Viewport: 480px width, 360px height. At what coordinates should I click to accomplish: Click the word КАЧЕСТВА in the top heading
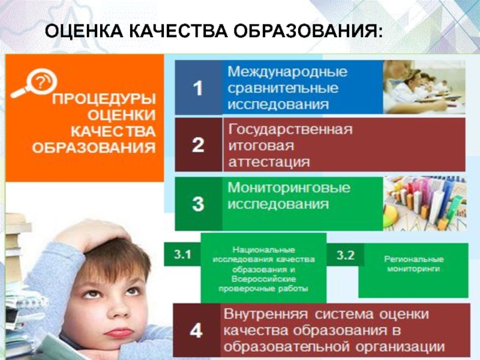tap(178, 31)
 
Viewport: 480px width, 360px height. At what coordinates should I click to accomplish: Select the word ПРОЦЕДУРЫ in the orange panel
tap(104, 99)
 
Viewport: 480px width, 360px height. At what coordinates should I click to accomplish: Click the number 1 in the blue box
tap(198, 88)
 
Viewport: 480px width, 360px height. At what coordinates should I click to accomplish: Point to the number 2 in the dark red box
tap(198, 145)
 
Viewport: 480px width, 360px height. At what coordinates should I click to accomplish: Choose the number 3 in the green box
tap(198, 204)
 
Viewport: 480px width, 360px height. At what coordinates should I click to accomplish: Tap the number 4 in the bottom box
tap(196, 331)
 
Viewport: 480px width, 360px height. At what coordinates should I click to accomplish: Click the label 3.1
tap(182, 254)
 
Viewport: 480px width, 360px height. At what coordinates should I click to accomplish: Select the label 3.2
tap(346, 255)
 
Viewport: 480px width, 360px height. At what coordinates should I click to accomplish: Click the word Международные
tap(287, 71)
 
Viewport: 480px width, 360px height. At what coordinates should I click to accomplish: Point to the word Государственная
tap(290, 129)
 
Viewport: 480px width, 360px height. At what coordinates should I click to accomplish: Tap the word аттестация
tap(269, 162)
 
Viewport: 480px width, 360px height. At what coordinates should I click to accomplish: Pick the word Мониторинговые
tap(289, 187)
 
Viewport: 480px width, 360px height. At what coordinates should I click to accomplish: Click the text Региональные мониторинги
tap(413, 264)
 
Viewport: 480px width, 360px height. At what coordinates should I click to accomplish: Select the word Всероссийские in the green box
tap(263, 279)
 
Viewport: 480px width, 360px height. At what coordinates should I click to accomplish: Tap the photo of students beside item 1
tap(424, 87)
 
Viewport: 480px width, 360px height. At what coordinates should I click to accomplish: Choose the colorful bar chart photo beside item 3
tap(425, 203)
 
